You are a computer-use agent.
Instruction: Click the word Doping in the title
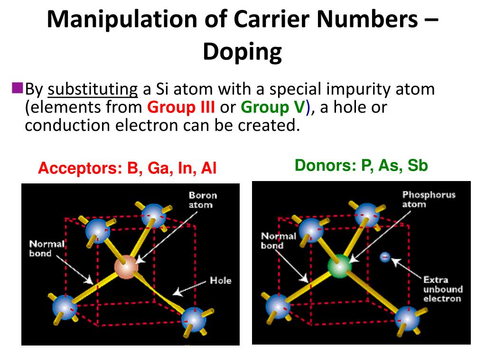point(243,53)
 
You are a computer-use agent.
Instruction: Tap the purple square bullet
point(17,87)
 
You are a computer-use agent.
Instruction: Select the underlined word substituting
point(93,89)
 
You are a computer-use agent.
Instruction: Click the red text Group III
point(181,108)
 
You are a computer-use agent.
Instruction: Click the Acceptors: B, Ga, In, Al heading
point(127,168)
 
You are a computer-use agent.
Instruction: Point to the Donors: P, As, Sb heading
point(361,165)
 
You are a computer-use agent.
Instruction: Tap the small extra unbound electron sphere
point(385,257)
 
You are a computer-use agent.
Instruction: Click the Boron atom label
point(203,200)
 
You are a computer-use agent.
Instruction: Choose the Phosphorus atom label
point(429,199)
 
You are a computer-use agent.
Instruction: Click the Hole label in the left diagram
point(221,281)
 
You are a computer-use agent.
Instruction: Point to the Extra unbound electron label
point(442,289)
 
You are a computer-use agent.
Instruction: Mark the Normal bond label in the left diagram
point(47,249)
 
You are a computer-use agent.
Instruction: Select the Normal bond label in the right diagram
point(278,240)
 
